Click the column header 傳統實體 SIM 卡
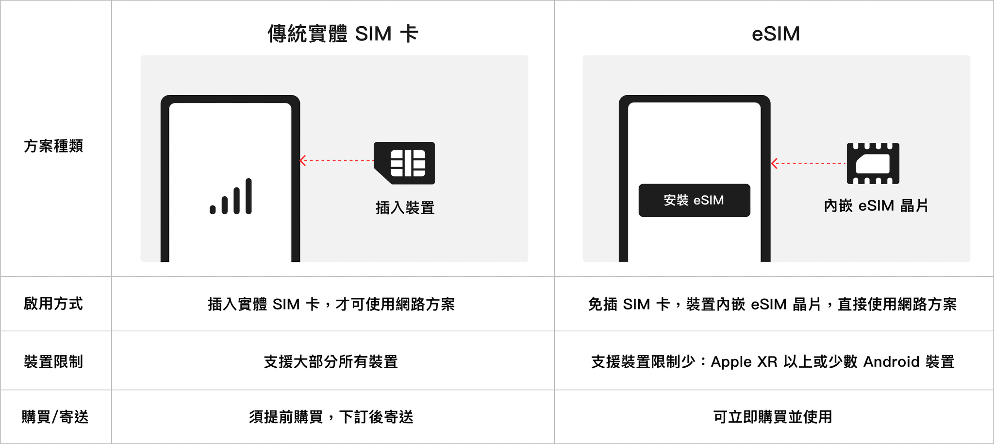[343, 34]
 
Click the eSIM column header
[776, 34]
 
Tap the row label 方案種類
[53, 146]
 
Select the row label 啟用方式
[53, 304]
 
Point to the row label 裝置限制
[53, 361]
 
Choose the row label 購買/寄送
[55, 417]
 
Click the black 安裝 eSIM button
[694, 200]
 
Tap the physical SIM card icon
[405, 163]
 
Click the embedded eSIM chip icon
[873, 164]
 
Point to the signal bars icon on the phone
[231, 197]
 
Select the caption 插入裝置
[405, 208]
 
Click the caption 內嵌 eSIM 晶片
[876, 206]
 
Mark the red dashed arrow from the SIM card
[336, 160]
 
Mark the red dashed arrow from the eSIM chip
[808, 164]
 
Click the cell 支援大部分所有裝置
[331, 361]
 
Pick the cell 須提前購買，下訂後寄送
[331, 417]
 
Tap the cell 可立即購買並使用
[773, 417]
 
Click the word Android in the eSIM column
[891, 361]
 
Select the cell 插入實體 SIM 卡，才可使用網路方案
[331, 304]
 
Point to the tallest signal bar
[248, 196]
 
